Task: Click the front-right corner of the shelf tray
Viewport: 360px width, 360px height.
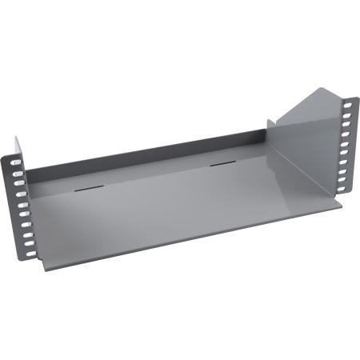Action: (x=340, y=202)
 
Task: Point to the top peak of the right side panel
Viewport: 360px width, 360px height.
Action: (x=319, y=89)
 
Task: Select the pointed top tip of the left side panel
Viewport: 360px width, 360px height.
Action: (x=16, y=138)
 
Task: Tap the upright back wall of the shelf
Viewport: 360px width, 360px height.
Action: (x=144, y=160)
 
